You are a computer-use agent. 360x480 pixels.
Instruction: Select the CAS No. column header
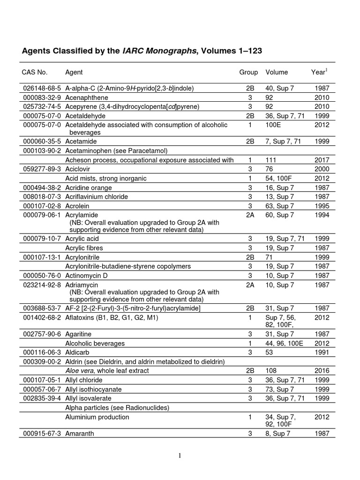coord(35,72)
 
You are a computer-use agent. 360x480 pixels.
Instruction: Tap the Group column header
coord(248,72)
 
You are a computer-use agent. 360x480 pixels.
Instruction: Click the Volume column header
coord(277,72)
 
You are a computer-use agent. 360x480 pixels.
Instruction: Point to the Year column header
coord(319,72)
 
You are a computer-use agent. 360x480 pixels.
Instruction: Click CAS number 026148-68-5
coord(42,89)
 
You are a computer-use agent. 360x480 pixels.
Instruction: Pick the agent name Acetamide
coord(80,141)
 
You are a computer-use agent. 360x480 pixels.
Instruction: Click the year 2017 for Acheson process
coord(322,160)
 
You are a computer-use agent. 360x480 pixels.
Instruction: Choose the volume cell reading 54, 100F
coord(281,178)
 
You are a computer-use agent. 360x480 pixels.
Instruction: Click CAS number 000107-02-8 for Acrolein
coord(42,205)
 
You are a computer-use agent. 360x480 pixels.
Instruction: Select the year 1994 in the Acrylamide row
coord(322,215)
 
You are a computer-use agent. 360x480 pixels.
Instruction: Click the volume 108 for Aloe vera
coord(271,371)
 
